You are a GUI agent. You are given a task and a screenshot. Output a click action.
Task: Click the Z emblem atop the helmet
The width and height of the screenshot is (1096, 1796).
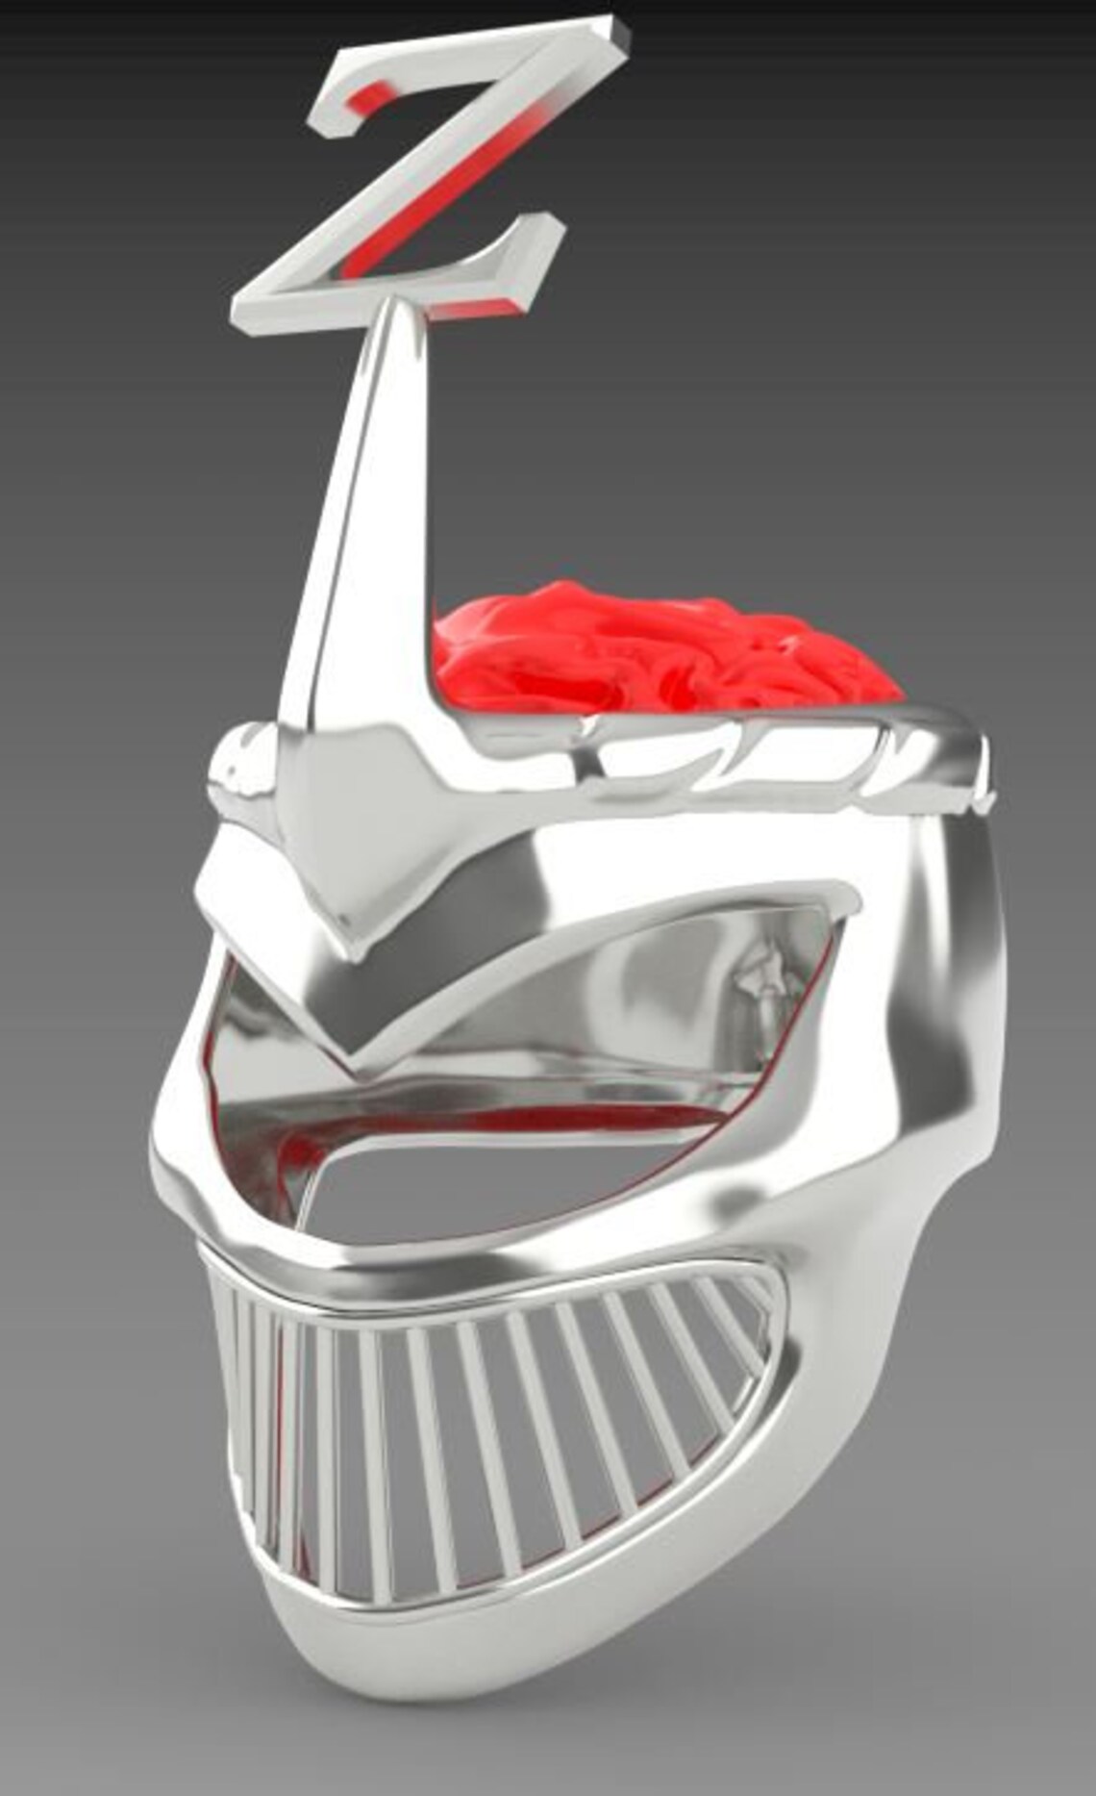pyautogui.click(x=423, y=183)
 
